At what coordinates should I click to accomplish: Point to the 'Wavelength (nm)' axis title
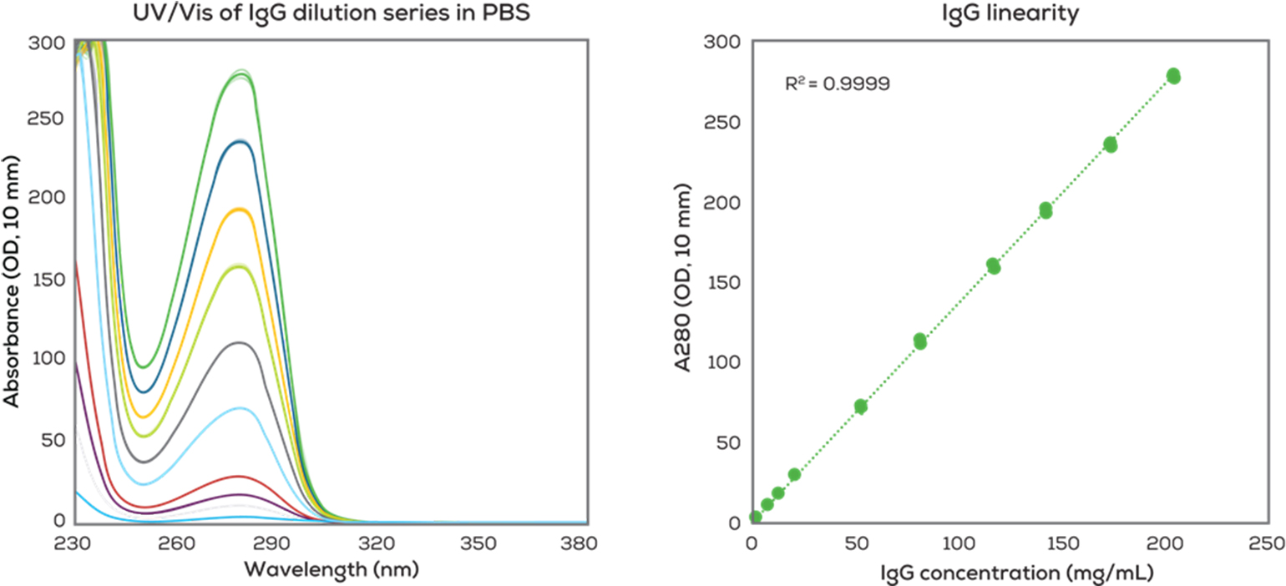pos(331,570)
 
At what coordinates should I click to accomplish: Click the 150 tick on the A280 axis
pos(724,283)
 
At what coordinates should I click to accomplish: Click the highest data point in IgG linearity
pos(1173,76)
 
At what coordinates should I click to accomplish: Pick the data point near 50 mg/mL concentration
pos(861,407)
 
